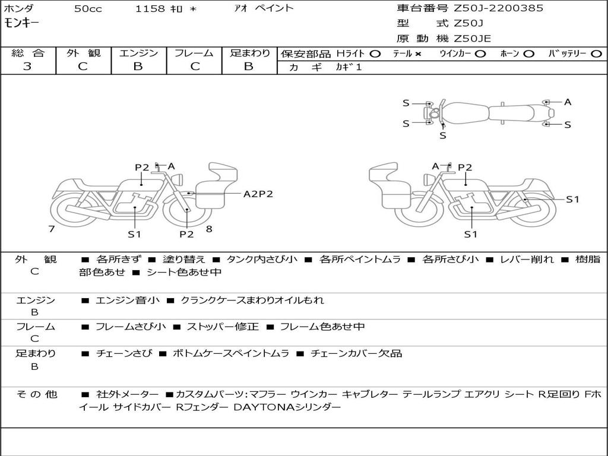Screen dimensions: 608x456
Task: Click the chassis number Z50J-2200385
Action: point(498,8)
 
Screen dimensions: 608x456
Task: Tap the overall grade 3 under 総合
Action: point(27,66)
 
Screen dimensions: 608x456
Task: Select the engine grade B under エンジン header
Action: point(138,66)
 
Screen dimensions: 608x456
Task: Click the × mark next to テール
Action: point(417,54)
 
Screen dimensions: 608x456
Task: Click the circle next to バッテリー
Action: point(596,54)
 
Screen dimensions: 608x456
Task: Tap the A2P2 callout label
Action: point(258,194)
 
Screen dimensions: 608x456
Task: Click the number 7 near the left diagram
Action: point(52,229)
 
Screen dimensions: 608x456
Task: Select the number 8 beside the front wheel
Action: point(209,229)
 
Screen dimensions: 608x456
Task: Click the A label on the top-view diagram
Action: point(568,102)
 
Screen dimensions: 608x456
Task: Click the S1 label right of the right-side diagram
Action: point(572,199)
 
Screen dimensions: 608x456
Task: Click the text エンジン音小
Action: point(127,300)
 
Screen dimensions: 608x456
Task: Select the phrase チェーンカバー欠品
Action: point(356,353)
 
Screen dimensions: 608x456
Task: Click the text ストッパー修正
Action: point(223,327)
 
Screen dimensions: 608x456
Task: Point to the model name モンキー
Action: point(22,23)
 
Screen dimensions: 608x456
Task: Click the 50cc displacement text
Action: point(88,8)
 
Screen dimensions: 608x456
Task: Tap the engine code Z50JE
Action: point(472,39)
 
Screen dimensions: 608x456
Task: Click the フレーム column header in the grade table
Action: point(194,53)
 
